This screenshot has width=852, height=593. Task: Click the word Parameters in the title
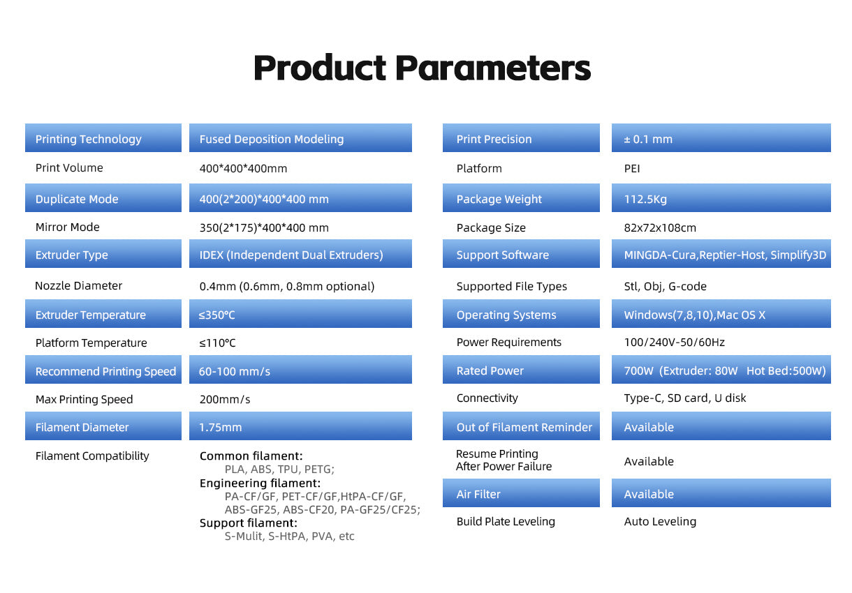pyautogui.click(x=493, y=68)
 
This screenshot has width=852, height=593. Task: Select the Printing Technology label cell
pyautogui.click(x=103, y=138)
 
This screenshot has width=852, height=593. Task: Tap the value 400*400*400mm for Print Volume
pyautogui.click(x=243, y=168)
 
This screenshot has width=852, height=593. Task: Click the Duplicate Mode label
pyautogui.click(x=77, y=199)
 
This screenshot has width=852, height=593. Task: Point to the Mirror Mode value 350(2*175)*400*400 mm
pyautogui.click(x=264, y=227)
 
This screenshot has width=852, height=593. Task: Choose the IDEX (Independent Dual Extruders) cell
pyautogui.click(x=300, y=254)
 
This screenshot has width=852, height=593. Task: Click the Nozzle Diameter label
pyautogui.click(x=78, y=285)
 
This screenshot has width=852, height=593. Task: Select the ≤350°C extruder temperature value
pyautogui.click(x=216, y=315)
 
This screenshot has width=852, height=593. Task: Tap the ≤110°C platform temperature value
pyautogui.click(x=217, y=343)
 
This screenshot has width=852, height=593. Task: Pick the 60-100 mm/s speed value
pyautogui.click(x=235, y=371)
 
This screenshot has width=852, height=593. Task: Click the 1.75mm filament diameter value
pyautogui.click(x=220, y=427)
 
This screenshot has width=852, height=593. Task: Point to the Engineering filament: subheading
pyautogui.click(x=260, y=483)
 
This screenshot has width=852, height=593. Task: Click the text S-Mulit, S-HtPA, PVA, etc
pyautogui.click(x=289, y=536)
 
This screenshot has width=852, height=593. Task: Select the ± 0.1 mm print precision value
pyautogui.click(x=648, y=139)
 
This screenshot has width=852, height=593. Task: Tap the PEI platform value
pyautogui.click(x=632, y=168)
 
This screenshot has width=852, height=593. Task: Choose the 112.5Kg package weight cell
pyautogui.click(x=721, y=198)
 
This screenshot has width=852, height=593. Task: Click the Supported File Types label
pyautogui.click(x=512, y=286)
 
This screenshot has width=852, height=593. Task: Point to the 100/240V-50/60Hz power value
pyautogui.click(x=675, y=342)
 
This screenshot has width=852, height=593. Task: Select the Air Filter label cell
pyautogui.click(x=521, y=493)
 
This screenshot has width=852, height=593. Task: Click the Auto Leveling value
pyautogui.click(x=660, y=521)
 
